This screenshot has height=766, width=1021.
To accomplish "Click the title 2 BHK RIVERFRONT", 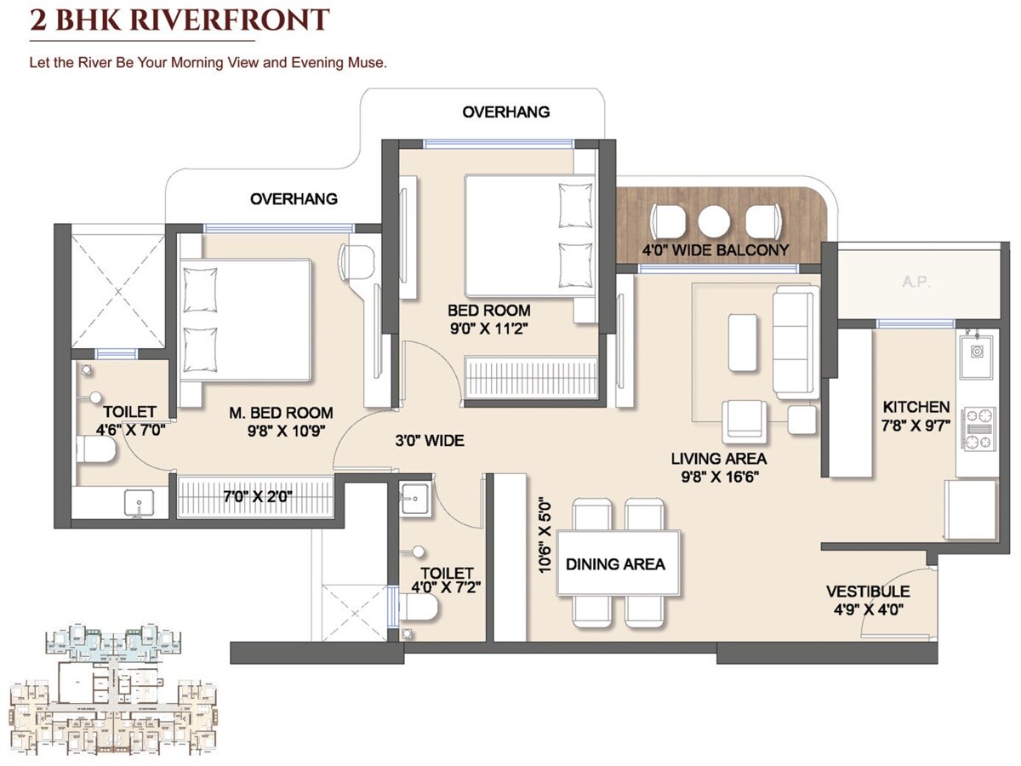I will [x=179, y=20].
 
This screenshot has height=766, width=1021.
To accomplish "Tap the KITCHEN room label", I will [x=915, y=407].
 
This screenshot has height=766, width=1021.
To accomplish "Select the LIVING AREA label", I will [x=717, y=459].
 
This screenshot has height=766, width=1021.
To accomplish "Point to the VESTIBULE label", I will [x=867, y=592].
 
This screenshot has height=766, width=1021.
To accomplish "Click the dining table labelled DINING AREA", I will [x=618, y=563].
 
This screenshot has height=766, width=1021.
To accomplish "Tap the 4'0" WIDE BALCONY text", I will [x=715, y=250].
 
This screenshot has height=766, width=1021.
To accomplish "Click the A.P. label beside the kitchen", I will [x=915, y=282].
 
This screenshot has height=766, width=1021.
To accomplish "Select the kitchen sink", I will [x=977, y=351].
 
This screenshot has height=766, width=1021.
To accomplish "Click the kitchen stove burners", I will [x=978, y=428].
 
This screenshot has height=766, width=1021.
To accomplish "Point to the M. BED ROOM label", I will [x=280, y=413].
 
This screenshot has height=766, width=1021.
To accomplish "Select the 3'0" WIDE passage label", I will [x=429, y=440].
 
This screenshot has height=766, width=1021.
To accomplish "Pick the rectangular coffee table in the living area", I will [x=743, y=342].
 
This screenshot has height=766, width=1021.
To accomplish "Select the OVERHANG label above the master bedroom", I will [x=294, y=198].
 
